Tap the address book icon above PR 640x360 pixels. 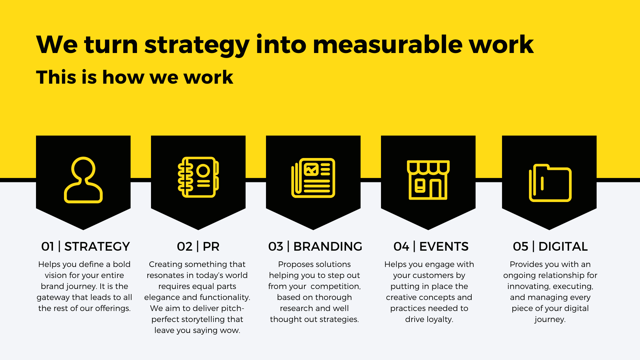198,177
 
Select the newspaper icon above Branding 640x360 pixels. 313,178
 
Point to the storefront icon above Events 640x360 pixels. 428,180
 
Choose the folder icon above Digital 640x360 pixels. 550,199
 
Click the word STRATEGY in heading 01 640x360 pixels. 97,247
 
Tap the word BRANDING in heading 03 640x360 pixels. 328,247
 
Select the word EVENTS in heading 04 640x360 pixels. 444,247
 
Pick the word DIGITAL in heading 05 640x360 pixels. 563,247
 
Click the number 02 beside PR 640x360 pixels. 185,247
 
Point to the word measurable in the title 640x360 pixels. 388,45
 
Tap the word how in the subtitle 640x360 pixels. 123,77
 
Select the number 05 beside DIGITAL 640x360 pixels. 521,247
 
